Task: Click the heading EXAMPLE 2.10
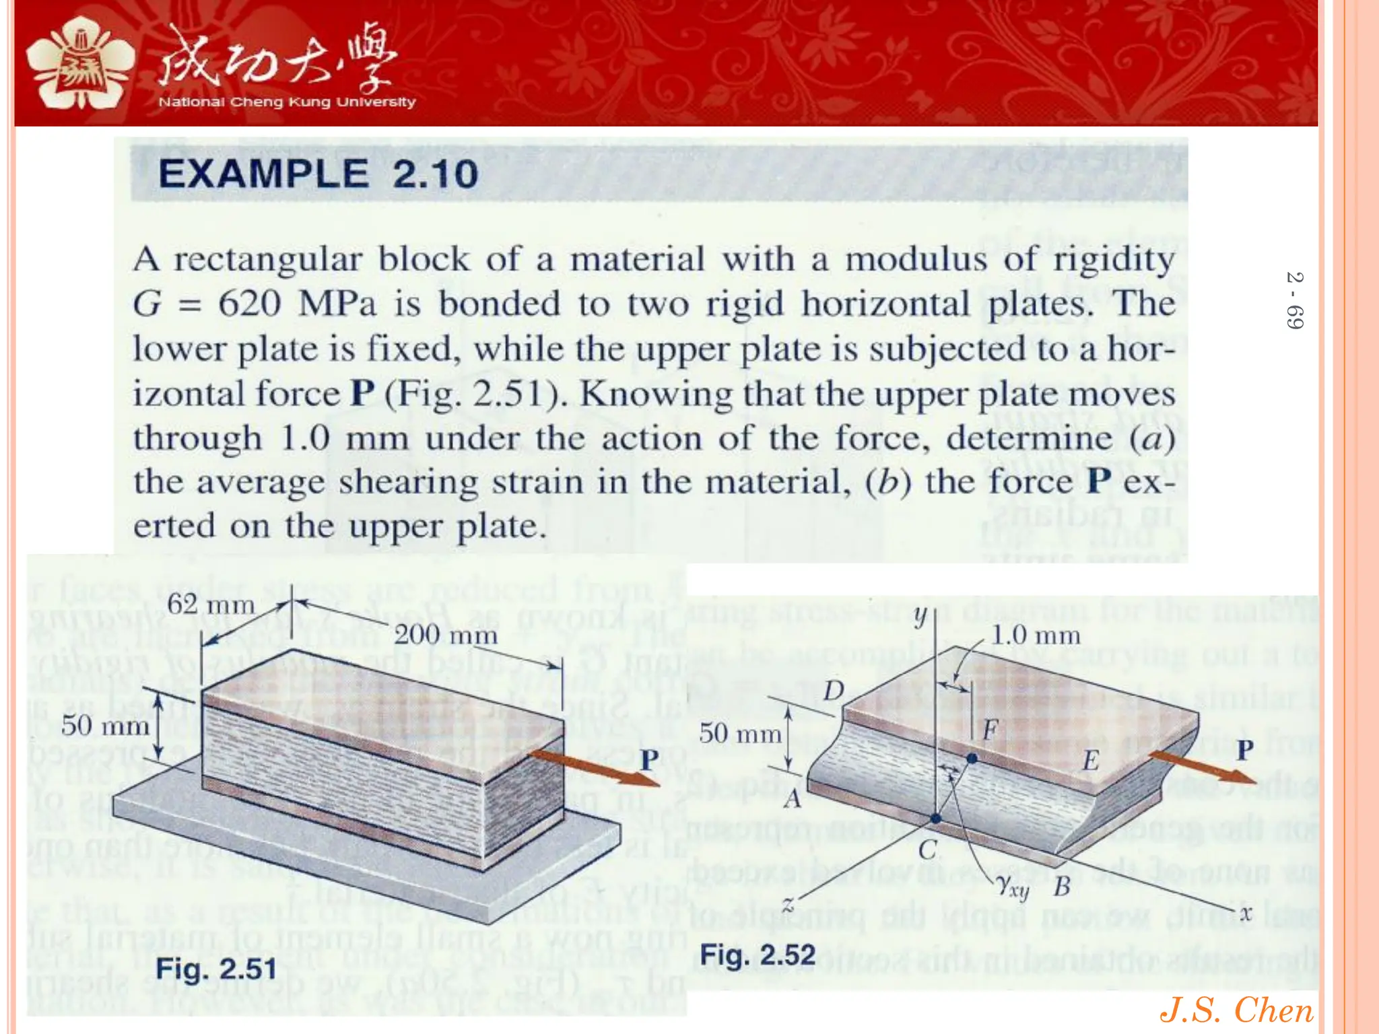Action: [x=318, y=174]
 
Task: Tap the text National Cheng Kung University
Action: [x=287, y=102]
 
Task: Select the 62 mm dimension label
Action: [x=211, y=604]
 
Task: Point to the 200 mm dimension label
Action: [x=445, y=634]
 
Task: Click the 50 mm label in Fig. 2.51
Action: [x=105, y=726]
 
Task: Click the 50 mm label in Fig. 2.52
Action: [x=739, y=733]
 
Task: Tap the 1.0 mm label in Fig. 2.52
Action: [x=1036, y=635]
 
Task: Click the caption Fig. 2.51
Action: [x=216, y=969]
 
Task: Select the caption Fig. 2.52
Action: [x=758, y=955]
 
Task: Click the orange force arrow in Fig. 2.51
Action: [x=593, y=767]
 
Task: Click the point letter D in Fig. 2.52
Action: [x=834, y=691]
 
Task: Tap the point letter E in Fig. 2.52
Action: [x=1090, y=761]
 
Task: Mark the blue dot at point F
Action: [x=972, y=758]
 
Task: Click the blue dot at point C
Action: [x=935, y=819]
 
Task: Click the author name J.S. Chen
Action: [x=1236, y=1010]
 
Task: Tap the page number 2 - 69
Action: [x=1294, y=300]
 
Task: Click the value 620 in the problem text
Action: [x=249, y=304]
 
